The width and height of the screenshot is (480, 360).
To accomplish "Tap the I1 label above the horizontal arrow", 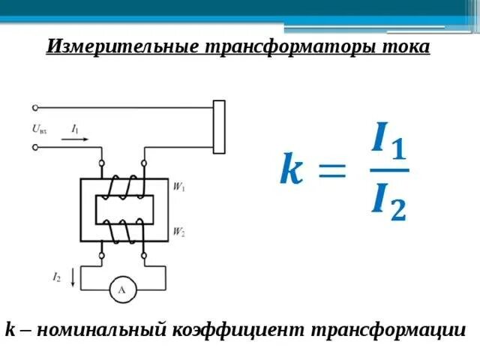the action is point(76,128).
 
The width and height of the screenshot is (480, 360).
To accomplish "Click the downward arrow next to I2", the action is point(72,278).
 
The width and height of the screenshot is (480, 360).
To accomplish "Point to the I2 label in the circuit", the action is point(57,277).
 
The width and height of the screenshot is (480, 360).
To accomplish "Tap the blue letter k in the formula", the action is point(292,169).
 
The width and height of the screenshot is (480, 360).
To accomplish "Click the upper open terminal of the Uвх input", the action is point(35,109).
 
